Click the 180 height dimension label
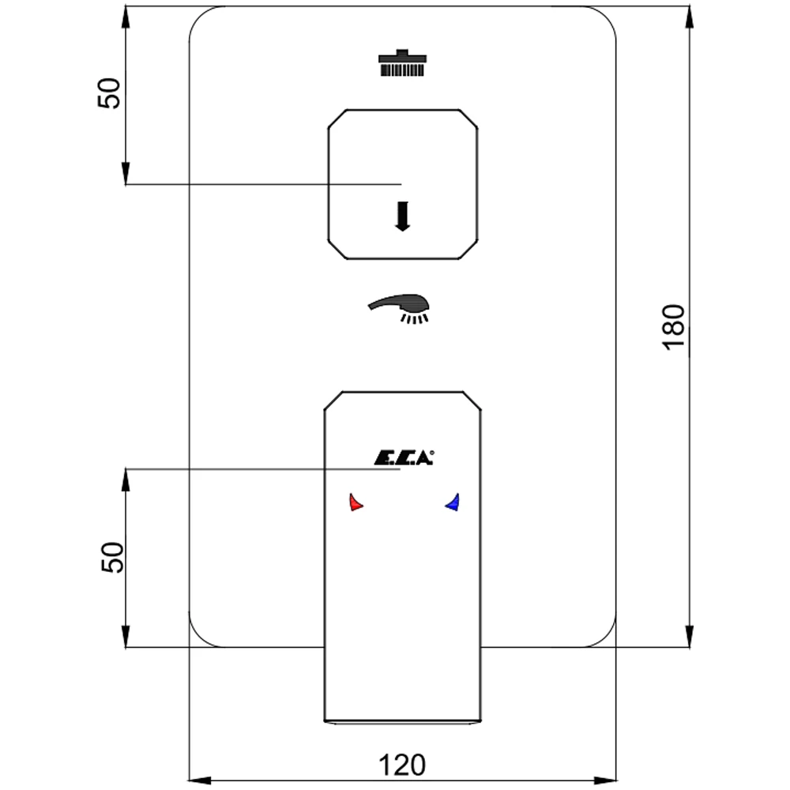(x=675, y=325)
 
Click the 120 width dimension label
(x=402, y=765)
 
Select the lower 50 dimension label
(x=111, y=557)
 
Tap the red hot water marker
(x=355, y=502)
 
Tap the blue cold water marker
(x=453, y=502)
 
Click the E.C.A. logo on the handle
(x=402, y=457)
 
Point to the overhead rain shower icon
(x=403, y=63)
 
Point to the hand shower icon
(x=400, y=308)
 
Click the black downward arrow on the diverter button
(x=403, y=216)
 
